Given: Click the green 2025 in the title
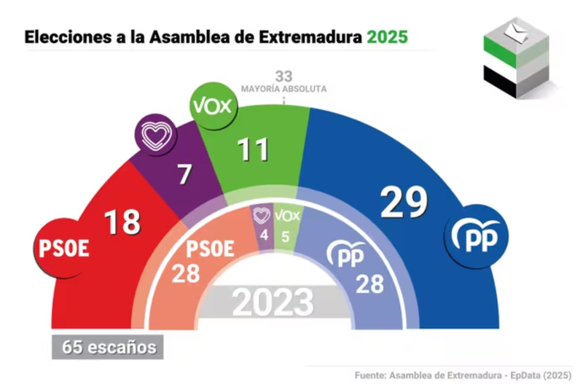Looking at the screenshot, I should pyautogui.click(x=388, y=36).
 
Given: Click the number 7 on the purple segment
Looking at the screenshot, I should pyautogui.click(x=185, y=174).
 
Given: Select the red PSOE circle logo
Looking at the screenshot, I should pyautogui.click(x=63, y=247).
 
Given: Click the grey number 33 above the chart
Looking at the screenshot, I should pyautogui.click(x=283, y=76).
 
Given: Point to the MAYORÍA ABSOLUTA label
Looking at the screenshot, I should pyautogui.click(x=283, y=89).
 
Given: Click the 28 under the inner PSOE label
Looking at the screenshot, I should pyautogui.click(x=188, y=275).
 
